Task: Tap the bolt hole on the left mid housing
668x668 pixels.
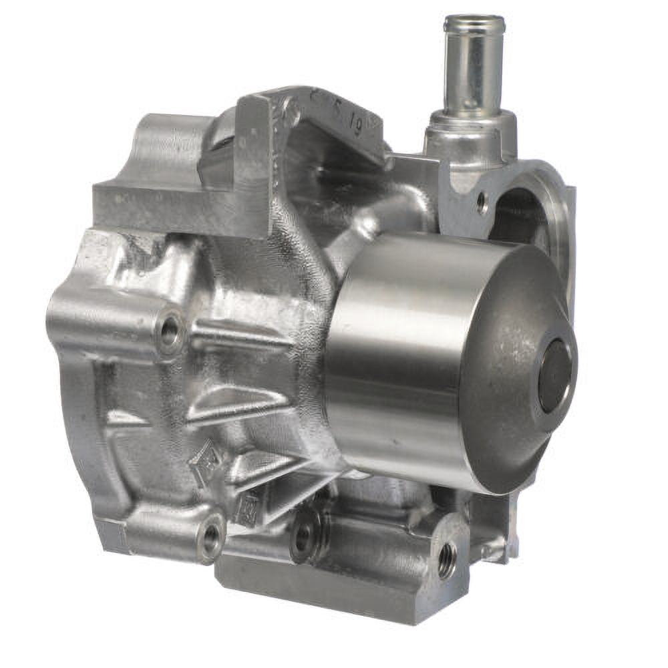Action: (170, 329)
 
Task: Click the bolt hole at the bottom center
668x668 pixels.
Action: (303, 536)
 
